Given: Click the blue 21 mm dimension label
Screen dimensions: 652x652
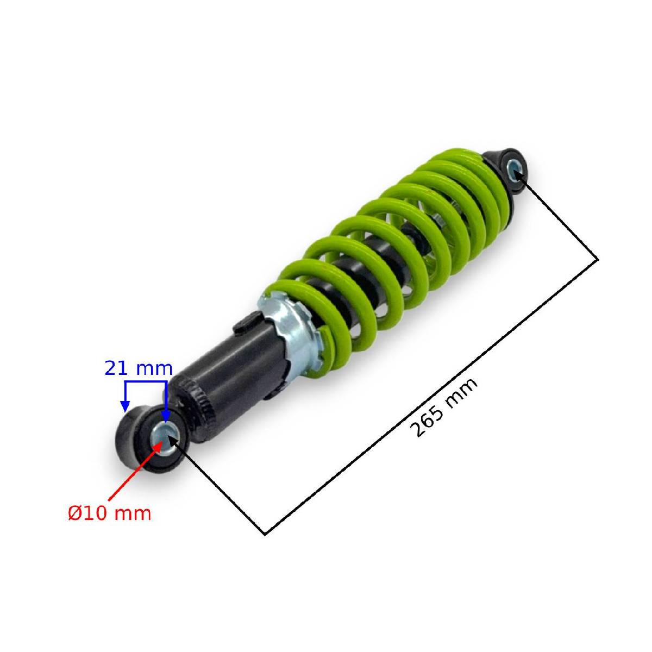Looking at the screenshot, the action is click(x=139, y=368).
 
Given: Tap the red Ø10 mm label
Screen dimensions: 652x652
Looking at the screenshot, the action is click(x=109, y=513).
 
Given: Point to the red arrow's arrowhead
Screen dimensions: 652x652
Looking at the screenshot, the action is click(x=158, y=447).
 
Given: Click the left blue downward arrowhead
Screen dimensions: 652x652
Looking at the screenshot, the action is click(x=125, y=406).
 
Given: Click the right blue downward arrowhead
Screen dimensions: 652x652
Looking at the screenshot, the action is click(x=166, y=416).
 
